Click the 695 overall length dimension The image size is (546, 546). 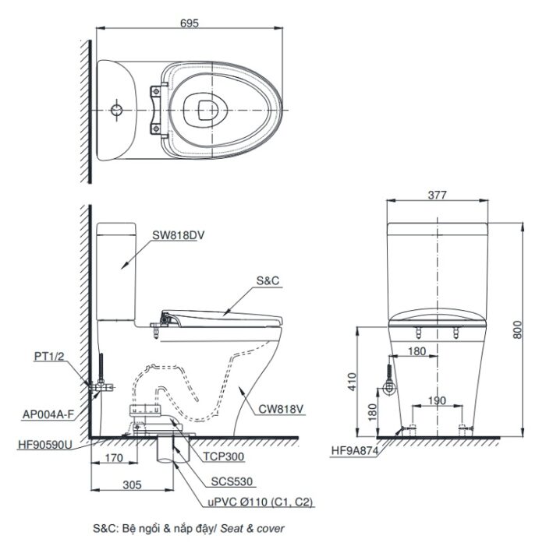point(188,23)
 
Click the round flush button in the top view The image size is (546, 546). point(117,108)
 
